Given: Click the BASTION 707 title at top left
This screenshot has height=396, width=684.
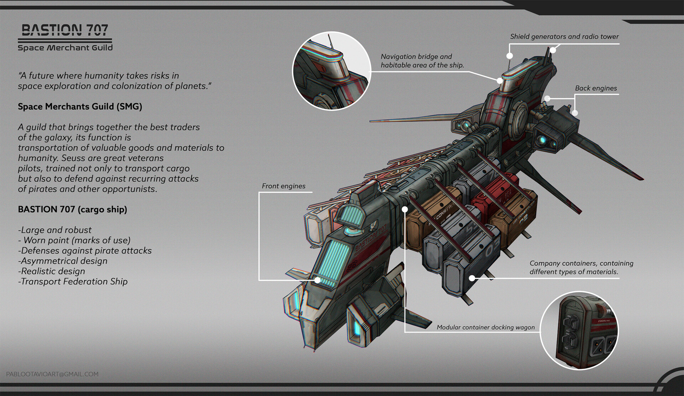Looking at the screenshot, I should (65, 30).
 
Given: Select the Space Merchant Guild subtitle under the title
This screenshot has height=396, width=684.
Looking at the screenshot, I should (65, 48).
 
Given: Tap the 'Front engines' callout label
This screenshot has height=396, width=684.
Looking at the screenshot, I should (284, 186).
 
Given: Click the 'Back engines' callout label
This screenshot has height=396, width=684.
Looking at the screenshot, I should (596, 88).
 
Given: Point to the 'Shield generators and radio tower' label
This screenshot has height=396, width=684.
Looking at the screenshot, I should (564, 37).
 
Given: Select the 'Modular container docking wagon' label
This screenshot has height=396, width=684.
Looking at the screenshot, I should (486, 327).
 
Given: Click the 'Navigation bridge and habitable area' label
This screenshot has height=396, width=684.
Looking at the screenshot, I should (422, 61).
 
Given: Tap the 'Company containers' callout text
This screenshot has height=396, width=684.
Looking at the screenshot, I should (581, 267).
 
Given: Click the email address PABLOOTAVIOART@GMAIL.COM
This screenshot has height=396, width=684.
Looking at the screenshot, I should (52, 374).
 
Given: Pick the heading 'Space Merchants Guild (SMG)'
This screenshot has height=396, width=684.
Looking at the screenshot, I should (80, 106).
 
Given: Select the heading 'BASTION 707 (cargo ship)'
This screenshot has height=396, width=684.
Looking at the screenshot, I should (72, 209).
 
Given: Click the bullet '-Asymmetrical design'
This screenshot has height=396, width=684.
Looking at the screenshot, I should (63, 261).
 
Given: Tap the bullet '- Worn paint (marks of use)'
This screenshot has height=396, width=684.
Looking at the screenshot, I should (74, 240).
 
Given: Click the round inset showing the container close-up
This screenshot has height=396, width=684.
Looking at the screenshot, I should (579, 330).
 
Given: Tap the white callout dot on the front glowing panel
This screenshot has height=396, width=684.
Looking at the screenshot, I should (317, 280).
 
